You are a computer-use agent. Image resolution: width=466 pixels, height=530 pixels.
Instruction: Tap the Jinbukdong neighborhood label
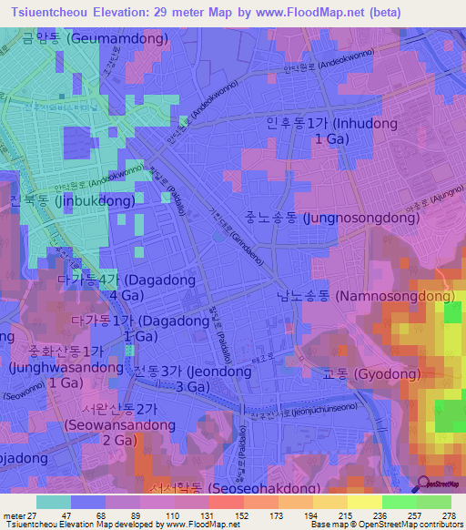coord(72,200)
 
